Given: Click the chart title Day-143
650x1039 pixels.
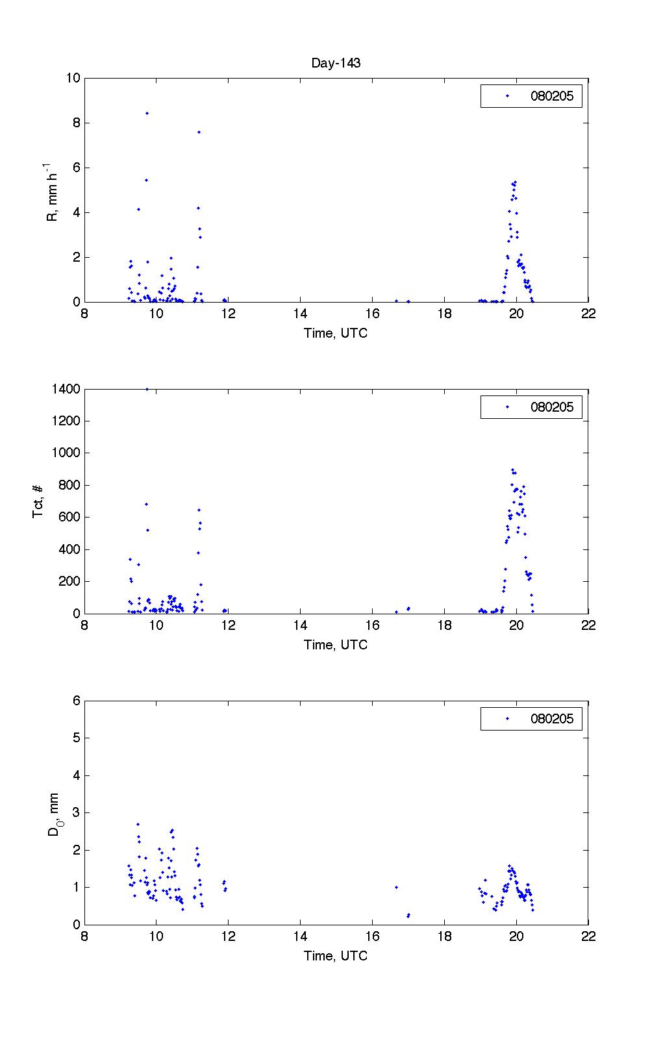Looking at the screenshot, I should [x=336, y=63].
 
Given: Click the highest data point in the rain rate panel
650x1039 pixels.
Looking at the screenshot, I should [x=147, y=113].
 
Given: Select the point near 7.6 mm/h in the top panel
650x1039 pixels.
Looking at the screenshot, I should [x=199, y=132].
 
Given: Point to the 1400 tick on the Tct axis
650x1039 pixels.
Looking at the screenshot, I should [x=66, y=389].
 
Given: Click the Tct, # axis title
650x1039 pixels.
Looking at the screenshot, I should [x=38, y=501].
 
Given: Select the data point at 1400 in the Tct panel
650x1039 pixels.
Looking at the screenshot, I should [x=147, y=389].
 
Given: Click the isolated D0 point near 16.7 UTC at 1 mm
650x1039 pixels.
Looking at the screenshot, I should [x=396, y=887].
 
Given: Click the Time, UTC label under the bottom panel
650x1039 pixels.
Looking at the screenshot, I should [x=336, y=956].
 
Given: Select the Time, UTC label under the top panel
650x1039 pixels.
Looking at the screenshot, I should [x=336, y=333].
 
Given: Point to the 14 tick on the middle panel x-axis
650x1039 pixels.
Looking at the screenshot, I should [x=300, y=625].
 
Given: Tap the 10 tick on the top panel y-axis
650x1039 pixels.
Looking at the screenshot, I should [x=72, y=78].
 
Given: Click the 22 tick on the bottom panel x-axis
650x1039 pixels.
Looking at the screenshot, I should [x=588, y=936].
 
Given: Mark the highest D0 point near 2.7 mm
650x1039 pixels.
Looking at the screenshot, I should [x=138, y=824].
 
